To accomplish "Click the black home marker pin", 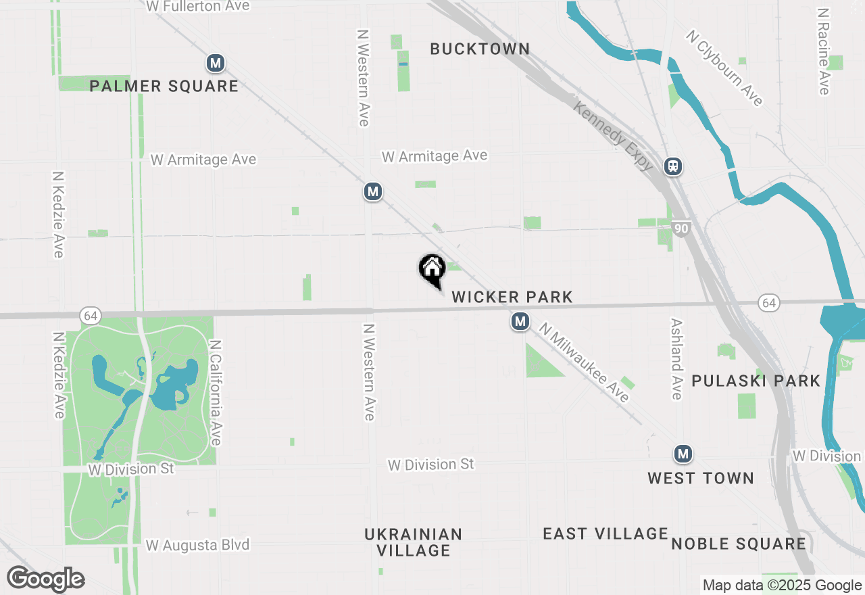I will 432,270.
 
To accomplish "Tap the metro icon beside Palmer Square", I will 216,64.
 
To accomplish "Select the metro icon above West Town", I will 683,453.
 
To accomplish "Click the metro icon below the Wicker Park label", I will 520,321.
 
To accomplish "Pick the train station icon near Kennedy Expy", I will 672,166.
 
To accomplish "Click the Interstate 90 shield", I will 681,229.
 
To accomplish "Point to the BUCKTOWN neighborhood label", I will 480,49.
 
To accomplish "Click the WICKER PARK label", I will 512,297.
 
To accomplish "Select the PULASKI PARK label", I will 756,381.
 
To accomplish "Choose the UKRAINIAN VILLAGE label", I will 414,542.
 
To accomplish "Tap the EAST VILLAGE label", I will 605,533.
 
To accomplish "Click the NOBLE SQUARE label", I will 739,544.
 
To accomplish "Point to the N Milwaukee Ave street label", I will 585,362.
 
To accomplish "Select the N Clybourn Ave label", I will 725,68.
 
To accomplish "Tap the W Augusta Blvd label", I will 197,545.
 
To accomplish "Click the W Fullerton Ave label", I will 198,6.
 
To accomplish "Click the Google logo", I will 45,579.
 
